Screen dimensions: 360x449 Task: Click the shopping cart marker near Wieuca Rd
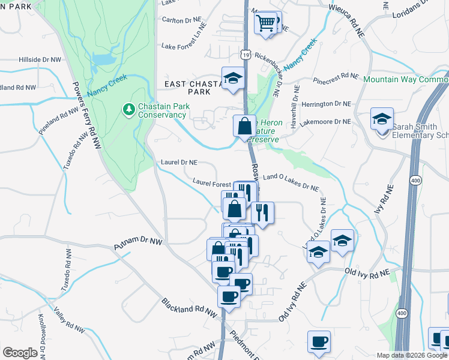266,24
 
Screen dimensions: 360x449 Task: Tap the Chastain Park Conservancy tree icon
128,109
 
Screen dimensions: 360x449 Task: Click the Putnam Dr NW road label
138,244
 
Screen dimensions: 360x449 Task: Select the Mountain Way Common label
405,79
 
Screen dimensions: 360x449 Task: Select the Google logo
20,353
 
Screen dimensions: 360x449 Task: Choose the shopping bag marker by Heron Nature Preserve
244,127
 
